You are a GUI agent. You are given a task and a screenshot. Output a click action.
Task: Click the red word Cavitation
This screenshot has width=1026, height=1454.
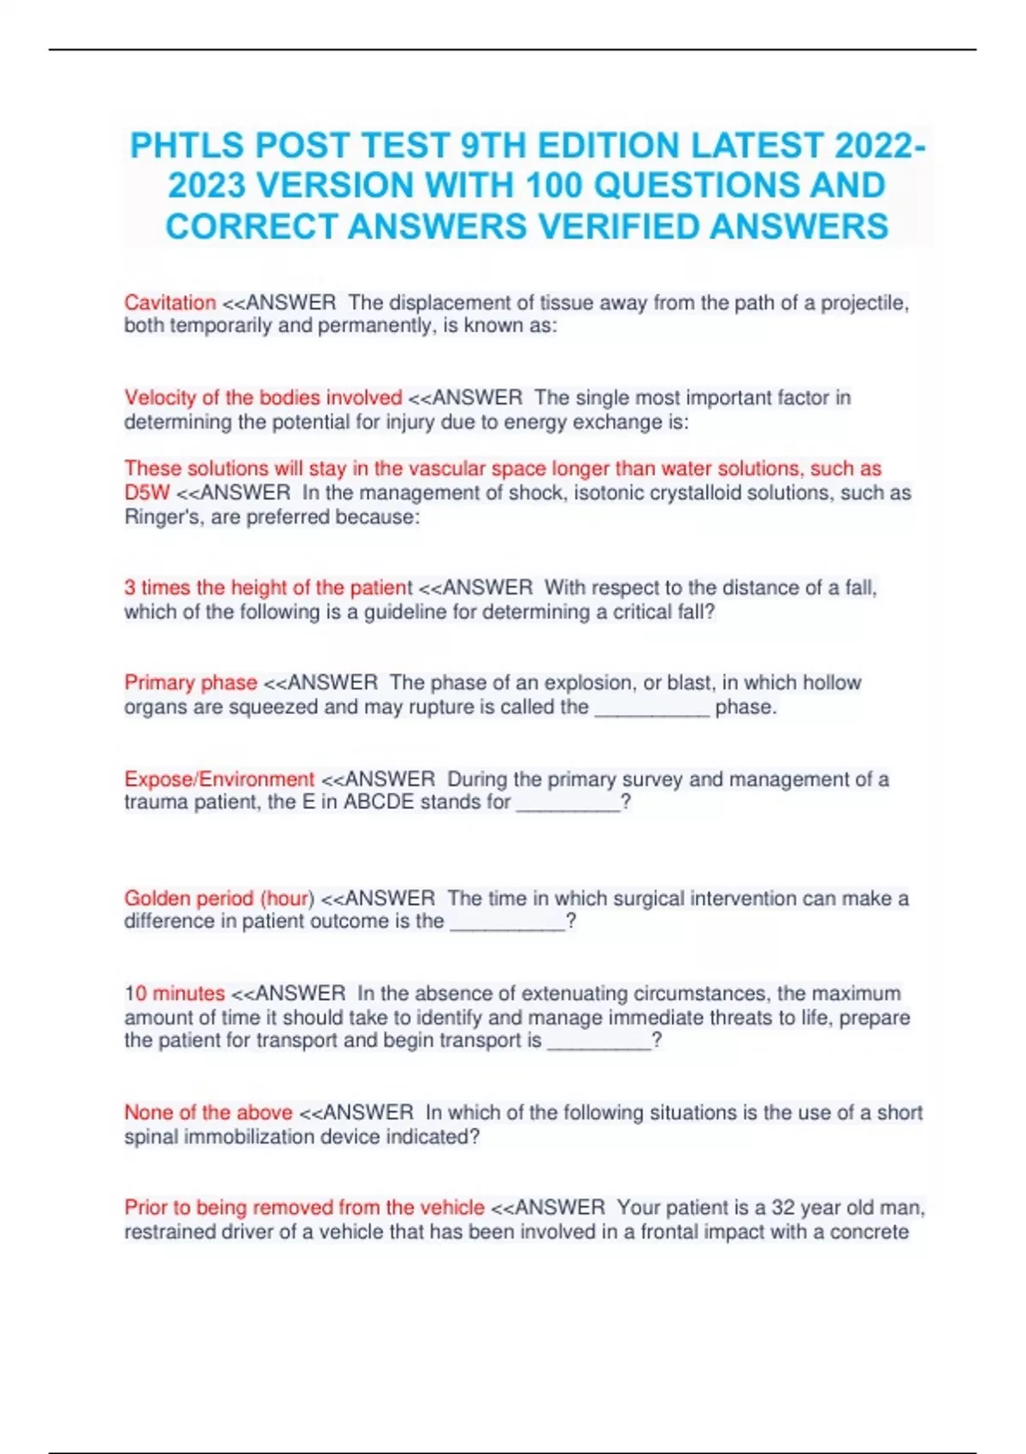point(169,303)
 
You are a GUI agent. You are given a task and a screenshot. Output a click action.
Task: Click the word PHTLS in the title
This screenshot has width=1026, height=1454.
point(186,146)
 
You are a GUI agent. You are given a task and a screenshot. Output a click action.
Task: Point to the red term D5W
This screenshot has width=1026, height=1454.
point(147,493)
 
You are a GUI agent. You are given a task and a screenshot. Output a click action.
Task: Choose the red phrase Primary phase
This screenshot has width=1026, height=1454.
point(191,683)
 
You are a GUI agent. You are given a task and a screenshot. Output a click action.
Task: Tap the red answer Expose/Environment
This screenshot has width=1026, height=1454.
point(219,779)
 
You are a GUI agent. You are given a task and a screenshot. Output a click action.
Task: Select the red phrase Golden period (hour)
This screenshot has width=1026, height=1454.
point(219,898)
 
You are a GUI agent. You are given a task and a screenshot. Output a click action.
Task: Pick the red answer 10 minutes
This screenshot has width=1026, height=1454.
point(174,993)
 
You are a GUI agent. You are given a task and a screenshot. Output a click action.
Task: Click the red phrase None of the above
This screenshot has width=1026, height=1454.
point(208,1113)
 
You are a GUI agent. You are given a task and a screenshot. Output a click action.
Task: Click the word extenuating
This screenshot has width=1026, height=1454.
point(575,993)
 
